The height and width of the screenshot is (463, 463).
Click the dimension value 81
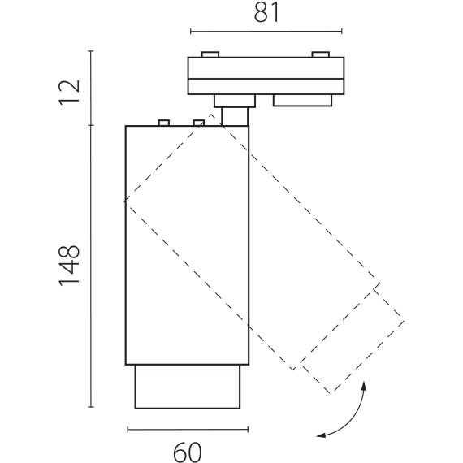(266, 13)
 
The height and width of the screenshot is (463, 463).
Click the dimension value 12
(70, 93)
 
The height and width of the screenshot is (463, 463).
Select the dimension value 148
(70, 266)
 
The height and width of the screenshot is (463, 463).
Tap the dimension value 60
(188, 452)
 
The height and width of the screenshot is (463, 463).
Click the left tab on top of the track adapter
(210, 54)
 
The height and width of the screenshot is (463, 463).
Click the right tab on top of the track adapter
(321, 54)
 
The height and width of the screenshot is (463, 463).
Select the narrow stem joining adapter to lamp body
(235, 117)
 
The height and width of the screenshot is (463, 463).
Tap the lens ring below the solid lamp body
(188, 387)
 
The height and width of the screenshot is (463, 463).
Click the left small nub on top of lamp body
(164, 123)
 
